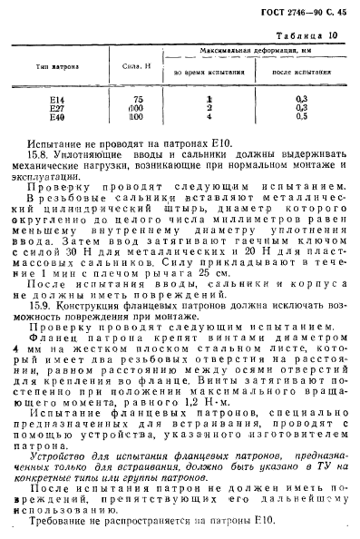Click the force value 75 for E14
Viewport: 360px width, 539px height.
(138, 98)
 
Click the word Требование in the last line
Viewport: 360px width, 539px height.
(61, 524)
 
